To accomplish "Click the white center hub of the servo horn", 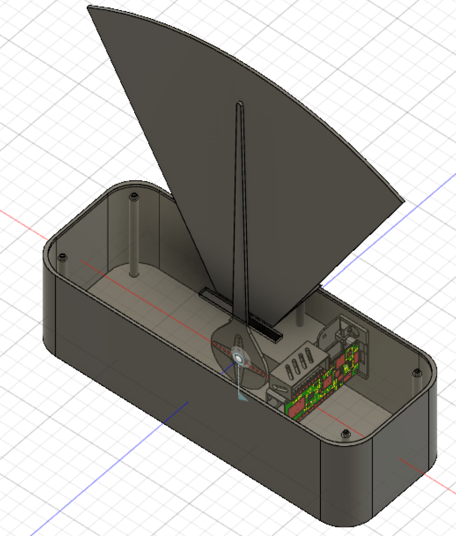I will [238, 356].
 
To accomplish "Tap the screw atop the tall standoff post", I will [133, 197].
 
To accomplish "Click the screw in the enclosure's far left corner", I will [62, 258].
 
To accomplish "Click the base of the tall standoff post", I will [134, 273].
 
